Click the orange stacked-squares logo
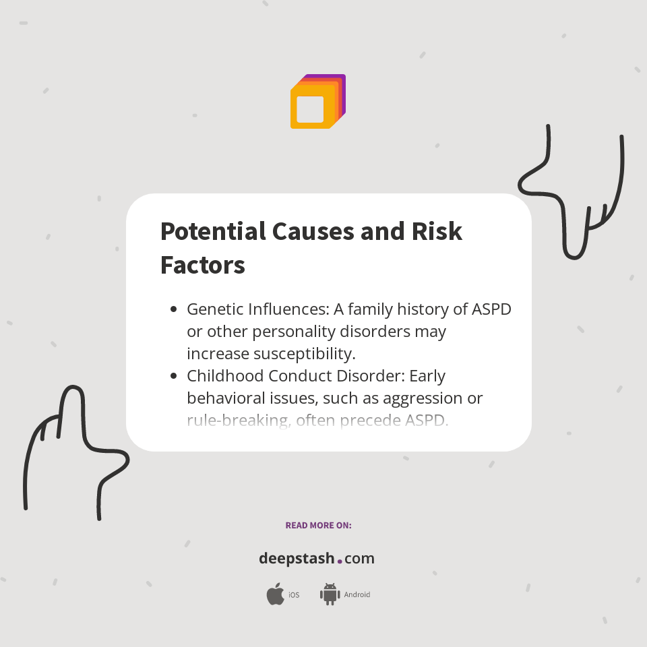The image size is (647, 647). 317,102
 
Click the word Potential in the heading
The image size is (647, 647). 213,231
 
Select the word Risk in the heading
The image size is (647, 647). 437,231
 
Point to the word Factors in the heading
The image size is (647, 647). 202,265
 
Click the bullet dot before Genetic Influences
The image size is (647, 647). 174,309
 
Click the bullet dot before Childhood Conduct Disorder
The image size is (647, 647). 174,375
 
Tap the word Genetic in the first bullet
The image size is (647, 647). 214,309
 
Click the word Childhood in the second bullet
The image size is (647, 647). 227,375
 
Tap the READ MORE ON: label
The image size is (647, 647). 318,525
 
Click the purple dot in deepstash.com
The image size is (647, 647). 340,561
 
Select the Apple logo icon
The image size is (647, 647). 275,594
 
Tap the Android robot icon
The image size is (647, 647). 330,594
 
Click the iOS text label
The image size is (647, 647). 294,595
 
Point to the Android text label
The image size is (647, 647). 357,595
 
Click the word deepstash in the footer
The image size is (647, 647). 297,559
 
